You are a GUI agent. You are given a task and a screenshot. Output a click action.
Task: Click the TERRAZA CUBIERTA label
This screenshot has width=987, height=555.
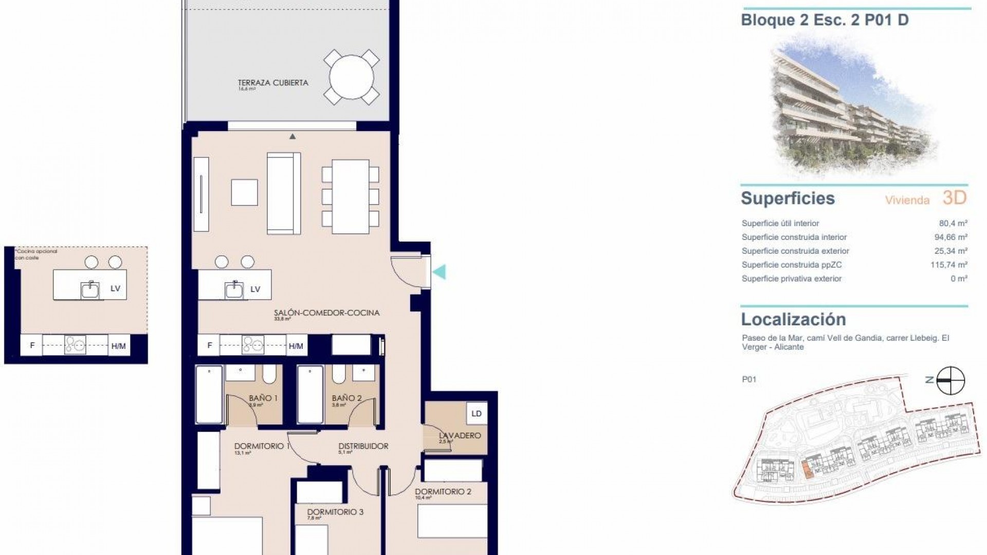click(273, 83)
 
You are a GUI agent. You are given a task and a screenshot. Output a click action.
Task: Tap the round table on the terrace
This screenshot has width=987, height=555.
click(352, 77)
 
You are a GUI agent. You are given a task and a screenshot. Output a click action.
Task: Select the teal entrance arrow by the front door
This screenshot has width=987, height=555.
click(439, 272)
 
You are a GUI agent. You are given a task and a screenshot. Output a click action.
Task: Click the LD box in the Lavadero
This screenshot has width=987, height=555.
click(477, 414)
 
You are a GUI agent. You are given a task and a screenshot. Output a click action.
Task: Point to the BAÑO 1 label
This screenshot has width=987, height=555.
click(263, 398)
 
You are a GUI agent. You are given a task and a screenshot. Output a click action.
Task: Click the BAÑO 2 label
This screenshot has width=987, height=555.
click(346, 398)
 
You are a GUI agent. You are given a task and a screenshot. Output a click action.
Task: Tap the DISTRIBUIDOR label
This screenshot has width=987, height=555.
click(363, 446)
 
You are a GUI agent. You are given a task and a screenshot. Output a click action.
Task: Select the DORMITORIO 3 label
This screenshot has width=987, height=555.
click(335, 512)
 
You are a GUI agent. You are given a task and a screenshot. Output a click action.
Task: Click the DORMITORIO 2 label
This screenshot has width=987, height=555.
click(443, 491)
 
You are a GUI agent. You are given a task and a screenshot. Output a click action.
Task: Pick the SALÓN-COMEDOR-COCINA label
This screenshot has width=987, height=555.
click(326, 312)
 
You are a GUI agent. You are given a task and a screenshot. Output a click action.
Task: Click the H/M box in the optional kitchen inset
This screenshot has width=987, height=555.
click(118, 346)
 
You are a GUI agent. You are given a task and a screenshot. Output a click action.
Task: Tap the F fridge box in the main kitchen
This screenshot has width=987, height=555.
click(209, 345)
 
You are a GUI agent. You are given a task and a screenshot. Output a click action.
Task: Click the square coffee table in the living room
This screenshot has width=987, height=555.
click(244, 192)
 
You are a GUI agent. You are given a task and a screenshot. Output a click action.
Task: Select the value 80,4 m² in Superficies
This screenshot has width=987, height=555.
click(953, 224)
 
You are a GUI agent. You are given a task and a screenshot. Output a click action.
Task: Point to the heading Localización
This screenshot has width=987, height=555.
click(793, 320)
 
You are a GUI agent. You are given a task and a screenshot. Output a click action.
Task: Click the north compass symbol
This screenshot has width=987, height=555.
click(950, 381)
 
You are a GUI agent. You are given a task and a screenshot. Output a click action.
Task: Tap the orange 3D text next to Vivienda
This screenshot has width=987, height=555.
click(955, 198)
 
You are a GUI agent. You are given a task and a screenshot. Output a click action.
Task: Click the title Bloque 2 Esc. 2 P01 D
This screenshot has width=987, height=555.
click(825, 20)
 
